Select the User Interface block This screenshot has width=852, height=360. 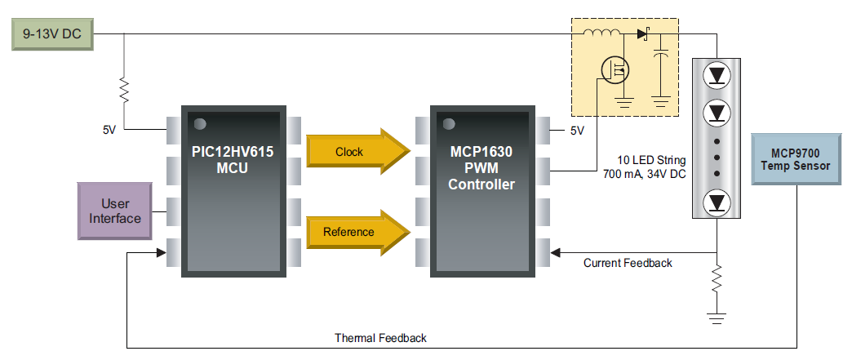[115, 211]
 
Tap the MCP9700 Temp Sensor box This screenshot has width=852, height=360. [795, 159]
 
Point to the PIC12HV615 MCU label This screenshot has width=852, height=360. [233, 159]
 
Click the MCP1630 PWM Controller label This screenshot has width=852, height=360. [481, 167]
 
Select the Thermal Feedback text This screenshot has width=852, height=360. [380, 337]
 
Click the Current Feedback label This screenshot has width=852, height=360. [628, 263]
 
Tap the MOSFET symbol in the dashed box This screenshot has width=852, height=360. [615, 71]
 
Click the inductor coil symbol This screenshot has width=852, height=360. [601, 34]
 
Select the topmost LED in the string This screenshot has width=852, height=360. [717, 75]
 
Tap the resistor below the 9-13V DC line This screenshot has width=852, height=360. [123, 89]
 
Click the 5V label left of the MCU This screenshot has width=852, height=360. [110, 130]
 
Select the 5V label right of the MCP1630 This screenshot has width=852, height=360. [577, 131]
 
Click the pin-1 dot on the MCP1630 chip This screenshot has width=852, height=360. [447, 123]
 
